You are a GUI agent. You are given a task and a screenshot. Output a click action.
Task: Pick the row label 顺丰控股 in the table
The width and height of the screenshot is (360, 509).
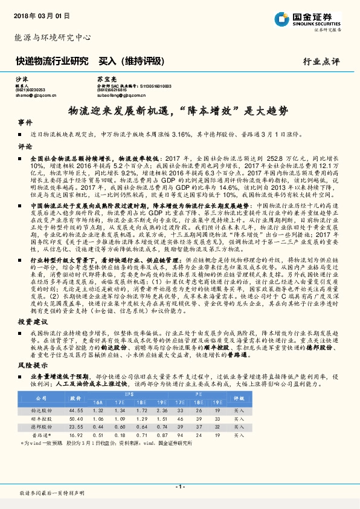[x=41, y=418]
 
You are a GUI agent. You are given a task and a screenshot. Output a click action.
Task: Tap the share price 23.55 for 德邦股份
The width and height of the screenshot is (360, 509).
[x=77, y=426]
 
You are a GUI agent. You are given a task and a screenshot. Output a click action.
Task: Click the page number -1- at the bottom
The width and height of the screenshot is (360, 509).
[x=179, y=487]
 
